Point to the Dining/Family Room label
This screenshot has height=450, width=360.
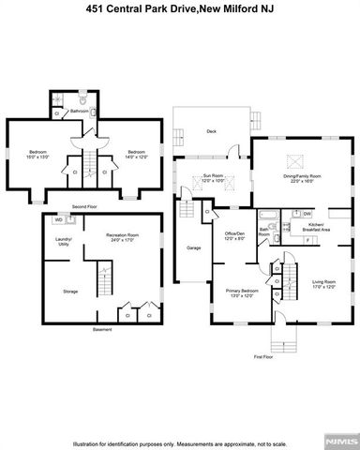(303, 177)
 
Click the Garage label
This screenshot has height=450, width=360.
(194, 247)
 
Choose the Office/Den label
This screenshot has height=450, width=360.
(233, 234)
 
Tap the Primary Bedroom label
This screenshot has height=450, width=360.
(242, 292)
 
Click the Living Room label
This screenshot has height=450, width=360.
(324, 283)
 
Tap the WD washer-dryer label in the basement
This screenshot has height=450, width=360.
(57, 221)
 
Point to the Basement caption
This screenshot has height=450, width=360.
(102, 329)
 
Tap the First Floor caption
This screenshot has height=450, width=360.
(264, 357)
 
